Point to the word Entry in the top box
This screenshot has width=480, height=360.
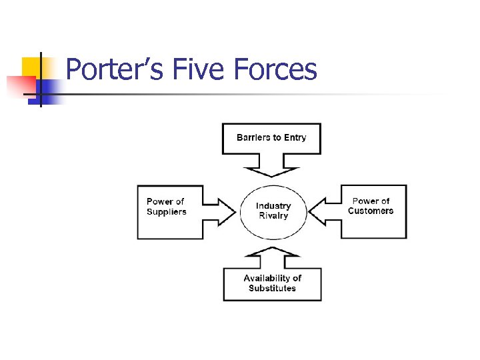pyautogui.click(x=295, y=138)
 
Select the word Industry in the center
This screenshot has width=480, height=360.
pyautogui.click(x=273, y=206)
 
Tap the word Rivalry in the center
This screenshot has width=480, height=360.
pyautogui.click(x=273, y=216)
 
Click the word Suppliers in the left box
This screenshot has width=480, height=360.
pyautogui.click(x=167, y=212)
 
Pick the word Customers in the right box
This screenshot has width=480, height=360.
pyautogui.click(x=371, y=211)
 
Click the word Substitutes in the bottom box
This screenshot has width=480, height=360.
pyautogui.click(x=272, y=288)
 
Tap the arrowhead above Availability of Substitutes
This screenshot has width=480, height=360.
pyautogui.click(x=271, y=251)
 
